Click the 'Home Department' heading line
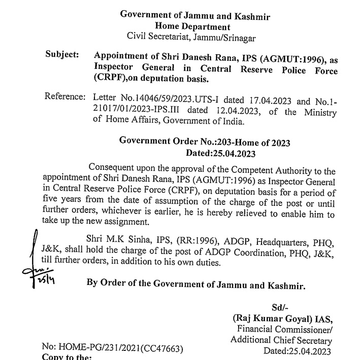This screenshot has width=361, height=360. pyautogui.click(x=192, y=27)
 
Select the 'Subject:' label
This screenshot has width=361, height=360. pyautogui.click(x=62, y=54)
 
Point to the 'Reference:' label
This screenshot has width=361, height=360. pyautogui.click(x=64, y=96)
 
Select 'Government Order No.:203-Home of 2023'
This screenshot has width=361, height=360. pyautogui.click(x=205, y=142)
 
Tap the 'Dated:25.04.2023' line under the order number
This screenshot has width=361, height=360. pyautogui.click(x=220, y=154)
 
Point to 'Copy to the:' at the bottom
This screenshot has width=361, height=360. pyautogui.click(x=71, y=357)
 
